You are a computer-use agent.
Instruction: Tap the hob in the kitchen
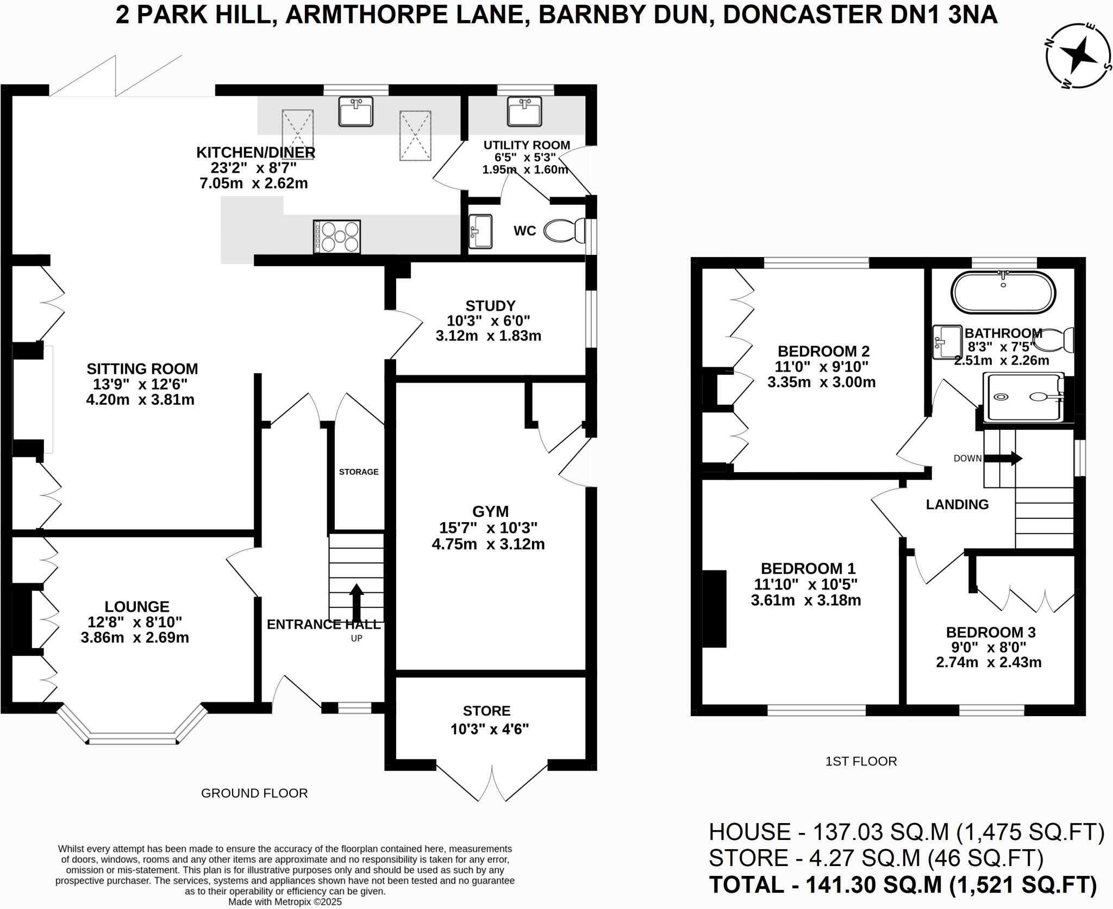click(337, 236)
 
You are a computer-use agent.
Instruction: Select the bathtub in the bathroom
click(1003, 292)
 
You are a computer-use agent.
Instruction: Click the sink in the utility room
click(524, 112)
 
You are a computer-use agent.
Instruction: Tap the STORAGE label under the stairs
click(359, 472)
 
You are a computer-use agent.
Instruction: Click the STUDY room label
click(490, 305)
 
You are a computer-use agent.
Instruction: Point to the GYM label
click(490, 511)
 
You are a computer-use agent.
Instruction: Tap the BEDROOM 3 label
click(991, 632)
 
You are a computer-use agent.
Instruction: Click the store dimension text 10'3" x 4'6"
click(490, 729)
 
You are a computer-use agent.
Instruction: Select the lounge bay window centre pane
click(133, 740)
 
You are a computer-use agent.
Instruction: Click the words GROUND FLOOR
click(254, 793)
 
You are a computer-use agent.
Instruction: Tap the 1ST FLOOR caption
click(861, 761)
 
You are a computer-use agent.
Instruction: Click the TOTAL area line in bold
click(903, 885)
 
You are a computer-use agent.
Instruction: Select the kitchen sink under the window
click(356, 111)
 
